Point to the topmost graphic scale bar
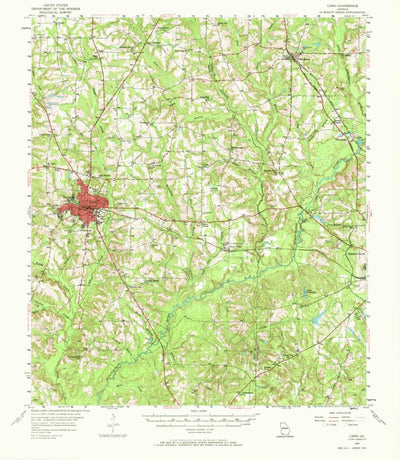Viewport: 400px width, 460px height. [200, 413]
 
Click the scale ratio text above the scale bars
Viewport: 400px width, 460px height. [200, 408]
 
